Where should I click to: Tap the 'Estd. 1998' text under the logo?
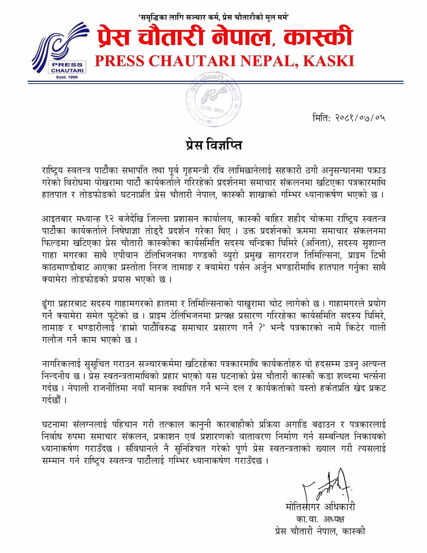coord(67,77)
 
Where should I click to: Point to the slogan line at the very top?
coord(213,17)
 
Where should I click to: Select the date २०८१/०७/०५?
coord(360,118)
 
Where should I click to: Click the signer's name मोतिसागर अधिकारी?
coord(320,507)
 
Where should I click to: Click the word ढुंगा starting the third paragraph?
coord(49,304)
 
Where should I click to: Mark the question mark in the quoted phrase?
coord(262,328)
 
